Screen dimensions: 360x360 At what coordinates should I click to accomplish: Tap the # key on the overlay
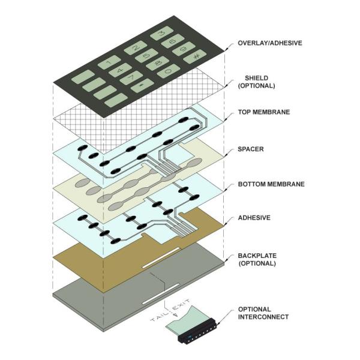click(196, 57)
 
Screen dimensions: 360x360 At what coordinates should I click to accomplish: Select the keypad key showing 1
click(109, 61)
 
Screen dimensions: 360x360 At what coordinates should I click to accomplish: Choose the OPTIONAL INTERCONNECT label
click(263, 313)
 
